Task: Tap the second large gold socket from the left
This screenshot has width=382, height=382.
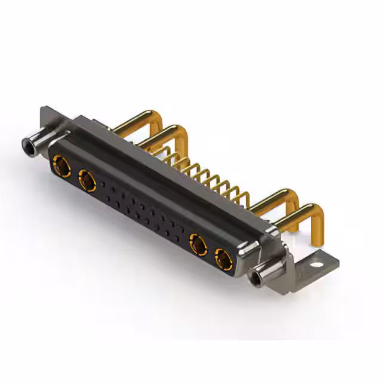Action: pos(87,180)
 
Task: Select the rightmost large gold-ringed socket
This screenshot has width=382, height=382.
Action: pos(224,259)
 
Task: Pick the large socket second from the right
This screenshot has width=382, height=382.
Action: pos(198,244)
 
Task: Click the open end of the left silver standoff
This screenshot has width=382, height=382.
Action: pos(27,144)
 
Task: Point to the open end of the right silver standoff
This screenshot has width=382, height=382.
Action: pos(258,278)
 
